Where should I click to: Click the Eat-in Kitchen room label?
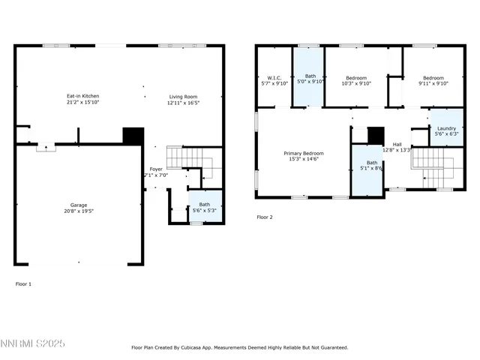tap(82, 96)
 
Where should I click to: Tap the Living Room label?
tap(183, 96)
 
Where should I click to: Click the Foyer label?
tap(155, 169)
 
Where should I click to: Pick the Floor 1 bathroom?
tap(204, 206)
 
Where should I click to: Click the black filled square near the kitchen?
tap(133, 135)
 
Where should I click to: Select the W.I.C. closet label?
tap(274, 78)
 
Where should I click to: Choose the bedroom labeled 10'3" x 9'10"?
tap(356, 82)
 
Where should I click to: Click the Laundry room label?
tap(446, 128)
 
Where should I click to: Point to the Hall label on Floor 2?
tap(397, 144)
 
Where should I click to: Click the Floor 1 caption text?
tap(24, 283)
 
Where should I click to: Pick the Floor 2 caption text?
tap(265, 217)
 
